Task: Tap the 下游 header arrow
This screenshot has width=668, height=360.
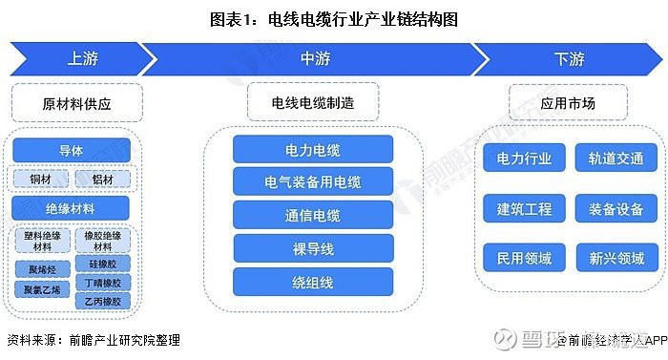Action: point(569,59)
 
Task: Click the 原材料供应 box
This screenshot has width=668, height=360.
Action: point(76,101)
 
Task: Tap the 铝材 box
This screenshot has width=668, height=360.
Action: point(102,179)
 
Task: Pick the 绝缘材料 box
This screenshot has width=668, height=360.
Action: point(72,207)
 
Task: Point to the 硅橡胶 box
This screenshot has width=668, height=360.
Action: point(102,264)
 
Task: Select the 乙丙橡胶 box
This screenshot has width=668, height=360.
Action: point(102,301)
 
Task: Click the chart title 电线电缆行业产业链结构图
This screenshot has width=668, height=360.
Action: point(334,17)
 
